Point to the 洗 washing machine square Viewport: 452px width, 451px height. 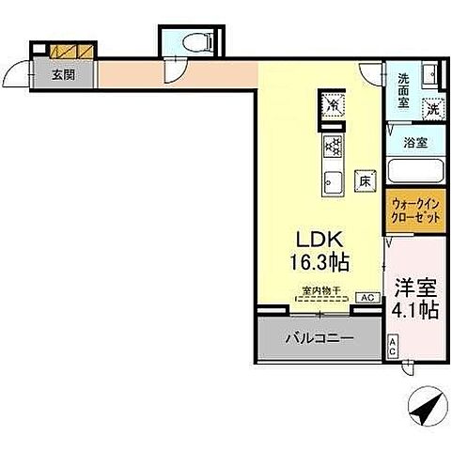click(431, 107)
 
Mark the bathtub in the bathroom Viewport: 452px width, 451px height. click(413, 172)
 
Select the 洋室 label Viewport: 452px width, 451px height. click(414, 286)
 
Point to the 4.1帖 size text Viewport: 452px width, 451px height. click(414, 309)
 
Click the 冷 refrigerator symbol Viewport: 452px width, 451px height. click(334, 106)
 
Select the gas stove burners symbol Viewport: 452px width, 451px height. click(333, 145)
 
